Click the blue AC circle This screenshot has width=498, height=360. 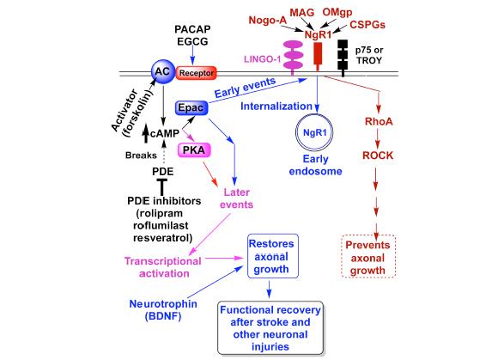pyautogui.click(x=162, y=72)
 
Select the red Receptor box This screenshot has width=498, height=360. pyautogui.click(x=197, y=73)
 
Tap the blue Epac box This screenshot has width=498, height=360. pyautogui.click(x=191, y=107)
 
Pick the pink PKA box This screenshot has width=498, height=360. pyautogui.click(x=194, y=150)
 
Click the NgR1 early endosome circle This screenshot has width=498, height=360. pyautogui.click(x=314, y=132)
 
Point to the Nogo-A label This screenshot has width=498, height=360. pyautogui.click(x=267, y=21)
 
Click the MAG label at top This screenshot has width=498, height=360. pyautogui.click(x=302, y=13)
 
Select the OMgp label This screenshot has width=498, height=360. pyautogui.click(x=337, y=12)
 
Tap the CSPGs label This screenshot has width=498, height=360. pyautogui.click(x=367, y=25)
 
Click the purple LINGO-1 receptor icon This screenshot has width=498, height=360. pyautogui.click(x=293, y=58)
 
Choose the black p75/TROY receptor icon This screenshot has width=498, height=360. pyautogui.click(x=343, y=58)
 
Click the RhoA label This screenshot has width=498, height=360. pyautogui.click(x=379, y=121)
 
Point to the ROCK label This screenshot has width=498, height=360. pyautogui.click(x=378, y=156)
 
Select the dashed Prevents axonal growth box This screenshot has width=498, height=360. pyautogui.click(x=368, y=257)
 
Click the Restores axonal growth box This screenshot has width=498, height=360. pyautogui.click(x=273, y=256)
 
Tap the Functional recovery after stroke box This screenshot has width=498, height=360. pyautogui.click(x=270, y=328)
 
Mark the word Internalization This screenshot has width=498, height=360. pyautogui.click(x=276, y=107)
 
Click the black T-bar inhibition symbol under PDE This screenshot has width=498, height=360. pyautogui.click(x=162, y=187)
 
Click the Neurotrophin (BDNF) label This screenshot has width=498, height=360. pyautogui.click(x=163, y=310)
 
